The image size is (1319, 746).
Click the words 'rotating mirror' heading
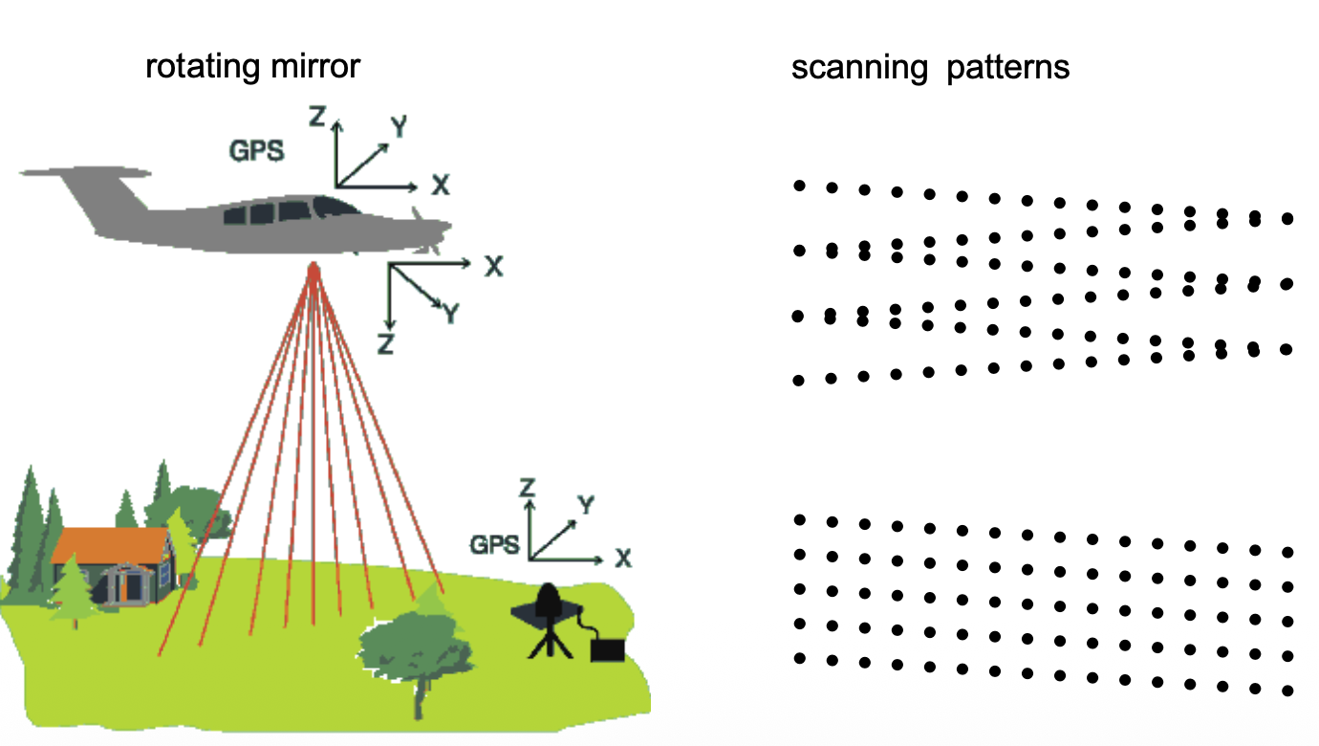pyautogui.click(x=252, y=68)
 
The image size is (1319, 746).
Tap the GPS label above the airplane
pyautogui.click(x=256, y=150)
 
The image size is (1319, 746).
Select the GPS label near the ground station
pyautogui.click(x=495, y=545)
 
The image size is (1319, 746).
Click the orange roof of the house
pyautogui.click(x=110, y=544)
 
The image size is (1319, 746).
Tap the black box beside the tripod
pyautogui.click(x=606, y=650)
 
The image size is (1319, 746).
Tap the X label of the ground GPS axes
pyautogui.click(x=623, y=558)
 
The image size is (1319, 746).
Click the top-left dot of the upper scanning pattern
pyautogui.click(x=799, y=186)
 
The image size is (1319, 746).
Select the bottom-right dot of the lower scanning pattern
pyautogui.click(x=1287, y=690)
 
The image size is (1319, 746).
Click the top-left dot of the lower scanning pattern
pyautogui.click(x=799, y=519)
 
